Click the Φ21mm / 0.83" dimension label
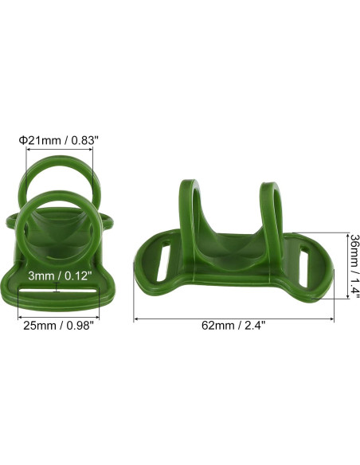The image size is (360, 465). pyautogui.click(x=59, y=140)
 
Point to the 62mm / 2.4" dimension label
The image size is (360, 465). pyautogui.click(x=233, y=325)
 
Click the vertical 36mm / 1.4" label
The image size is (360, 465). pyautogui.click(x=354, y=266)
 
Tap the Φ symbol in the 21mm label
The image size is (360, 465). pyautogui.click(x=24, y=140)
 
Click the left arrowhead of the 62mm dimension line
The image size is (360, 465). pyautogui.click(x=135, y=318)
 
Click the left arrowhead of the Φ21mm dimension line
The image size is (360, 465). pyautogui.click(x=28, y=150)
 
